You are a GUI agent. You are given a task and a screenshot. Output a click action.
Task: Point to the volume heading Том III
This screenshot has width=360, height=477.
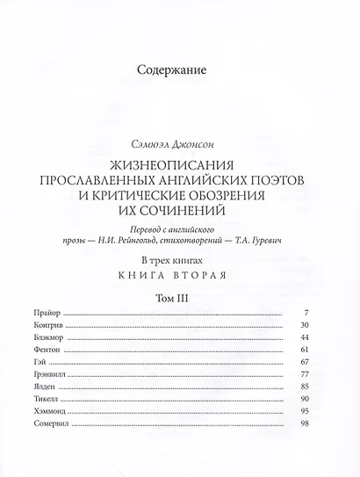179,299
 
